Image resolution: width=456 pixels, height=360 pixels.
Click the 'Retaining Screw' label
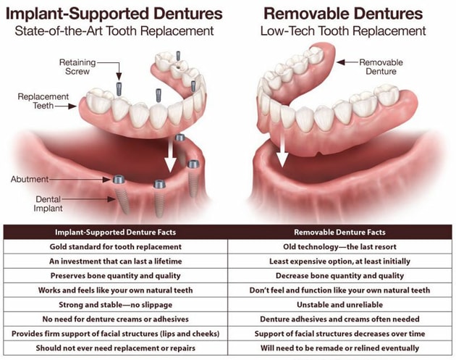tap(77, 67)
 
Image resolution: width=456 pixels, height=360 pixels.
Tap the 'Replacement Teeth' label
tap(43, 101)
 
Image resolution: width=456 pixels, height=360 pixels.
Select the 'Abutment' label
tap(30, 179)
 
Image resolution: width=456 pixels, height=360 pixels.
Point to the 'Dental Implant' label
tap(48, 204)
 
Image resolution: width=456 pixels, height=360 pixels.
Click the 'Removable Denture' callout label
tap(381, 67)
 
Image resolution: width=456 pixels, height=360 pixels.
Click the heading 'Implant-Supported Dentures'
tap(114, 13)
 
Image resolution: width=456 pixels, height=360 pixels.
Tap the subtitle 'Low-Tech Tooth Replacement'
tap(343, 31)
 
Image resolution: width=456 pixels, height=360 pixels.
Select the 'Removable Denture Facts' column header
tap(339, 233)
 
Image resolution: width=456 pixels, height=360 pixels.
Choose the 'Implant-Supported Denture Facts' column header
tap(116, 233)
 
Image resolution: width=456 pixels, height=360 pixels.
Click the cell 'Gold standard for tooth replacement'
tap(116, 247)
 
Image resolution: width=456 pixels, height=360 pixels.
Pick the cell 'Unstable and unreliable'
tap(339, 305)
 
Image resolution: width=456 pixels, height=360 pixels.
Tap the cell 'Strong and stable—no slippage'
tap(116, 305)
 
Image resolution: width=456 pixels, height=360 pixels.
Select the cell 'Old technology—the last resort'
tap(339, 247)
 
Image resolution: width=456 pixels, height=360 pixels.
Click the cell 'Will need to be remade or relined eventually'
tap(339, 348)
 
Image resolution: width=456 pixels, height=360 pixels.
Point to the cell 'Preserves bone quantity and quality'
tap(116, 275)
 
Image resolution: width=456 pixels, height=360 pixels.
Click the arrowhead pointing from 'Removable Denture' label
tap(341, 62)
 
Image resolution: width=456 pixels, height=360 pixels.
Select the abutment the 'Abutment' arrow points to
tap(119, 179)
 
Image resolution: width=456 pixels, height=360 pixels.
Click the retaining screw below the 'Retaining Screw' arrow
tap(119, 89)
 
